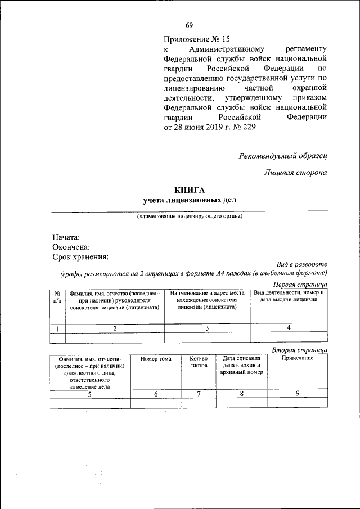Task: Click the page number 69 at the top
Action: (x=190, y=25)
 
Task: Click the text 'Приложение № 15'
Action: (x=197, y=39)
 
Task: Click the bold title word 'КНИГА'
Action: (x=190, y=190)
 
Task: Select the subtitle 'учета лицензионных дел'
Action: (x=190, y=200)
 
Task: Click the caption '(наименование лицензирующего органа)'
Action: (x=190, y=217)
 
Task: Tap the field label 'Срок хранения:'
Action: (x=80, y=257)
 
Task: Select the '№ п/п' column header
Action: (x=57, y=298)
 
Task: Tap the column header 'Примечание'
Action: (x=297, y=359)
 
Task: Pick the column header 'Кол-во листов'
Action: (x=199, y=362)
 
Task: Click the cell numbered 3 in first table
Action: (x=207, y=328)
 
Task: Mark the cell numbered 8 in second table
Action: (x=241, y=394)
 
